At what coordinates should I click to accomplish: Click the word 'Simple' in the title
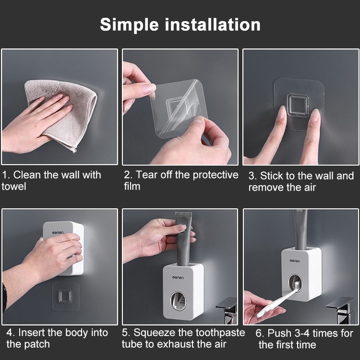pyautogui.click(x=129, y=25)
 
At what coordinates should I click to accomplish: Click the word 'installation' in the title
pyautogui.click(x=213, y=24)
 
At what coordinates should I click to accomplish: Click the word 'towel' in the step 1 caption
pyautogui.click(x=14, y=186)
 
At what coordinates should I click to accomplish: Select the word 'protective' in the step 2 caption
pyautogui.click(x=216, y=175)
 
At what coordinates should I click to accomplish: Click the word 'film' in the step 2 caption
pyautogui.click(x=132, y=186)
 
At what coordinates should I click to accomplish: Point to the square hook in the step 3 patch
pyautogui.click(x=298, y=105)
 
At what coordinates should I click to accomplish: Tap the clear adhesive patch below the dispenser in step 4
pyautogui.click(x=66, y=296)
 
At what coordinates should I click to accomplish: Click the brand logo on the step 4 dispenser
pyautogui.click(x=58, y=233)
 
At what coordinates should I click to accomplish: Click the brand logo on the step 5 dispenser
pyautogui.click(x=178, y=277)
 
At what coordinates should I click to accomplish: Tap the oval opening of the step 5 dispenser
pyautogui.click(x=178, y=301)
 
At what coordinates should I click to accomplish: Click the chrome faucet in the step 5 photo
pyautogui.click(x=227, y=311)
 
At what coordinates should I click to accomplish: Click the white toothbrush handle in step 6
pyautogui.click(x=276, y=302)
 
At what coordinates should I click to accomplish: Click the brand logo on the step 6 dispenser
pyautogui.click(x=295, y=261)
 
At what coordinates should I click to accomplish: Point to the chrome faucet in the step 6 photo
pyautogui.click(x=341, y=311)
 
